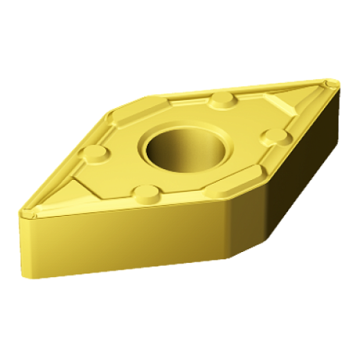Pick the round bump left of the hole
pos(95,154)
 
